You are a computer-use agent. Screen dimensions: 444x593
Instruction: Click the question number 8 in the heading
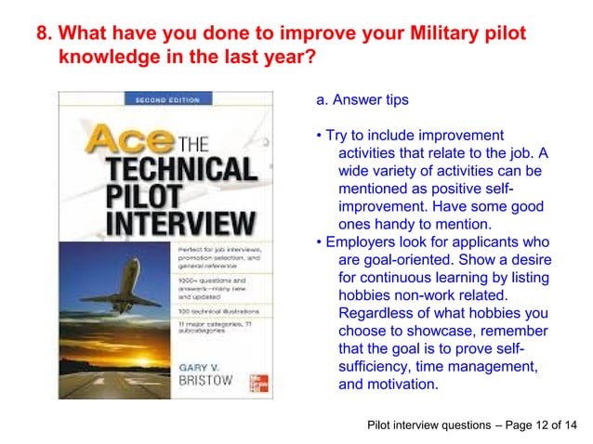[x=43, y=35]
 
